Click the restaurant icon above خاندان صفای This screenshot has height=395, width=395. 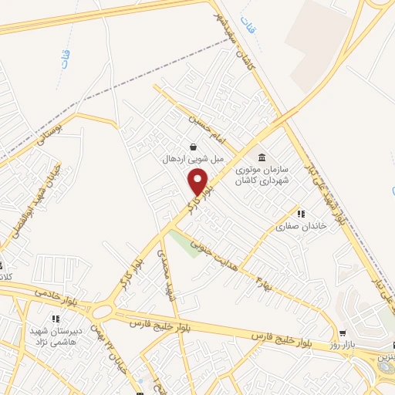tap(301, 213)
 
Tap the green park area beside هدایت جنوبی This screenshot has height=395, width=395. tap(185, 243)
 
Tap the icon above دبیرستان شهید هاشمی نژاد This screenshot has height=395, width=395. tap(55, 319)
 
